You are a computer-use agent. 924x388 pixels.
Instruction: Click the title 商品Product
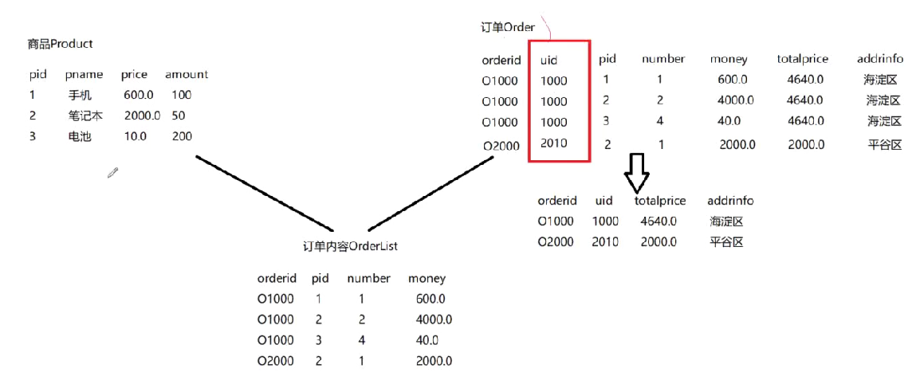tap(60, 44)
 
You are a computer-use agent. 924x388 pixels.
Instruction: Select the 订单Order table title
tap(507, 27)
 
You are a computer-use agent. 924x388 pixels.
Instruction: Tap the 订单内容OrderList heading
tap(350, 246)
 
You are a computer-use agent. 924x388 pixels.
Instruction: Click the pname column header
tap(84, 74)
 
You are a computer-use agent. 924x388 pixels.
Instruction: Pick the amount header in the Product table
tap(187, 74)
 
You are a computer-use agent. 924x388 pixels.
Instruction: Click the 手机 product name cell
tap(81, 95)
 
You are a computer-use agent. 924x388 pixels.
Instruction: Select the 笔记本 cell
tap(85, 116)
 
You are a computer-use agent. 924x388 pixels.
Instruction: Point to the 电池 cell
tap(81, 136)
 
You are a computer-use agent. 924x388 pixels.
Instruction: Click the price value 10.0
tap(135, 136)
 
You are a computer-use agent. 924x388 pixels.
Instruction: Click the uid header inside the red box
tap(549, 59)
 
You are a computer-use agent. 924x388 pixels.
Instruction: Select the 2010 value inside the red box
tap(553, 143)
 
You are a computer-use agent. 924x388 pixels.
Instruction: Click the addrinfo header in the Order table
tap(879, 59)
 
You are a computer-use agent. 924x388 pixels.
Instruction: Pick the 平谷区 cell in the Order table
tap(884, 145)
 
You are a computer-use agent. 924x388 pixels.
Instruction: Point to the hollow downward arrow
tap(636, 171)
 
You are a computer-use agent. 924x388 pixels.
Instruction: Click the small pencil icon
tap(113, 172)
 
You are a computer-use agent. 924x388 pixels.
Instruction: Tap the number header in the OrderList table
tap(368, 278)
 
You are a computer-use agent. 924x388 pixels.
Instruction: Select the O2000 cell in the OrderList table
tap(275, 361)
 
